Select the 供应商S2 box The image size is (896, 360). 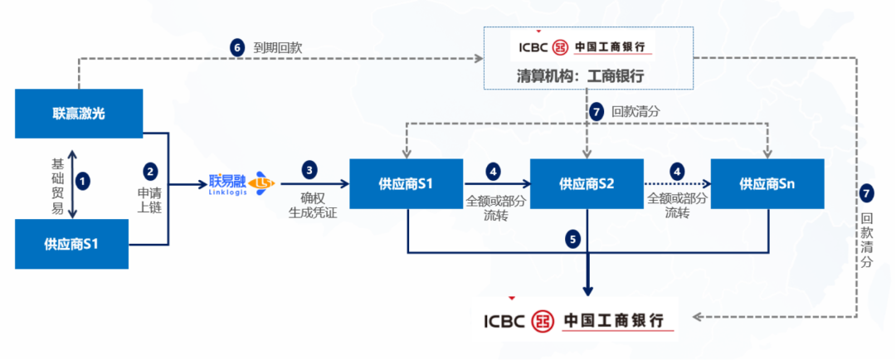click(587, 183)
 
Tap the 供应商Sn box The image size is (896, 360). click(767, 183)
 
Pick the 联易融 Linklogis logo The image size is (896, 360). click(241, 182)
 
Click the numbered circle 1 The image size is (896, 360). click(83, 179)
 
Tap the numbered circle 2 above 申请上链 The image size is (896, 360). click(150, 172)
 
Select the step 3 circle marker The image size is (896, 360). click(310, 170)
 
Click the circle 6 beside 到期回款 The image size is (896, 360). click(237, 47)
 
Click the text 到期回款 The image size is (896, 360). click(278, 48)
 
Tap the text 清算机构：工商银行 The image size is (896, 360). click(588, 75)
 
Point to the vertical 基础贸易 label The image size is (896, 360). click(57, 185)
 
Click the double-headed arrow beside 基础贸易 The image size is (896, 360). click(72, 185)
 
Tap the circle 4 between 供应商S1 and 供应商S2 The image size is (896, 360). click(494, 171)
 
